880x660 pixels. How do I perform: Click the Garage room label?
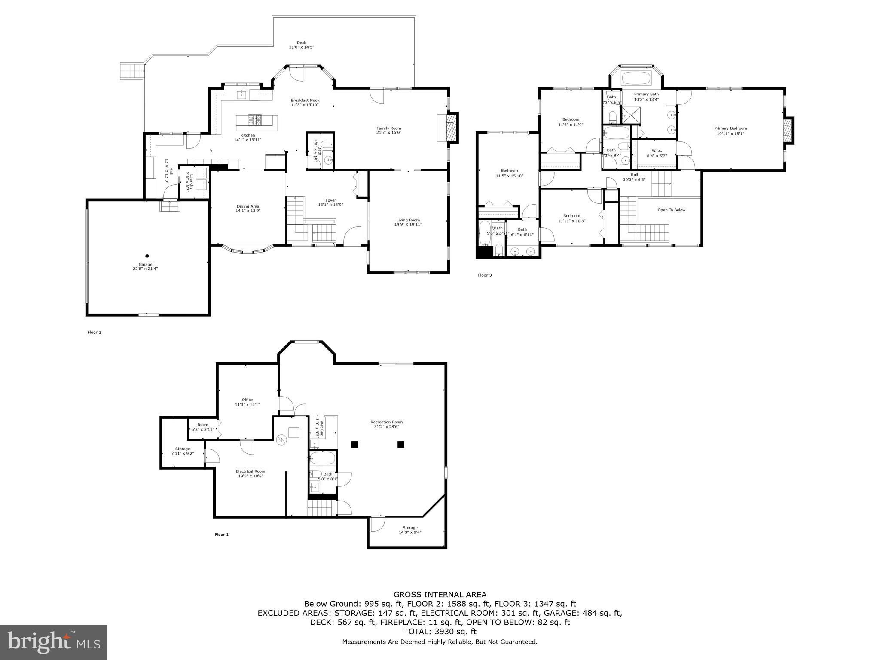[145, 266]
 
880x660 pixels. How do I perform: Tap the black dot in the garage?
[147, 256]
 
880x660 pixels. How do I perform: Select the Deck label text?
[301, 45]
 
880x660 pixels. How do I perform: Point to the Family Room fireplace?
[452, 128]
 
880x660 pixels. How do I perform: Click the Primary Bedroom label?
[730, 131]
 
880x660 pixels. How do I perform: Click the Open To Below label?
[671, 210]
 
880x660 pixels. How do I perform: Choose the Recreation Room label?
[386, 425]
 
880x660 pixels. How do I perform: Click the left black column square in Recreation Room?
[354, 445]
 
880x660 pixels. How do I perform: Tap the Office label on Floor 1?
[247, 402]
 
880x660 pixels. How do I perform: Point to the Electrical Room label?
[251, 474]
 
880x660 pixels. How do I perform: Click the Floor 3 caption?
[485, 275]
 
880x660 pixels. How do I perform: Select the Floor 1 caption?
[222, 535]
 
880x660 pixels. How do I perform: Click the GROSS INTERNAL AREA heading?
[440, 595]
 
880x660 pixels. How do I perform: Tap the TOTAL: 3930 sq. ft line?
[440, 632]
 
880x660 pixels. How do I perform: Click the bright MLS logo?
[54, 642]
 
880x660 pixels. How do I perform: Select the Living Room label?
[408, 222]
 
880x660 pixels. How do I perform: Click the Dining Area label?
[247, 208]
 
